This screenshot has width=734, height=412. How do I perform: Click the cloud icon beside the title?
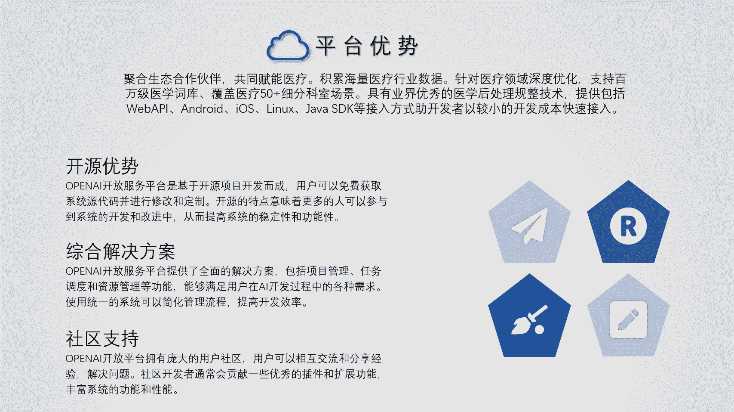click(x=288, y=46)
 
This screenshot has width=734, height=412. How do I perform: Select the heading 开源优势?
click(x=102, y=166)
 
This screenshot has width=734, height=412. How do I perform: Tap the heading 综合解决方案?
click(x=120, y=251)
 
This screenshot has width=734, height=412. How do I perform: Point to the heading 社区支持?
click(x=102, y=338)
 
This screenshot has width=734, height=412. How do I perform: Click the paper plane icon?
click(x=530, y=226)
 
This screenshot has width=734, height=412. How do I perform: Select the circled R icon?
click(x=628, y=226)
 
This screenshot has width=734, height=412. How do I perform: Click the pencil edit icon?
click(x=628, y=319)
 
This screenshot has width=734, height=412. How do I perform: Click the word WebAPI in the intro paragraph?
click(x=147, y=108)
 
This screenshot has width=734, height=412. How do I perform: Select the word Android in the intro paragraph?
click(x=202, y=108)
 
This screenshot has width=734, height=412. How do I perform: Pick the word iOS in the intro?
click(x=245, y=108)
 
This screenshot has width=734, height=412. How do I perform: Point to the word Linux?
click(x=280, y=108)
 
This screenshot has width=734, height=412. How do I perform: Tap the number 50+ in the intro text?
click(x=270, y=94)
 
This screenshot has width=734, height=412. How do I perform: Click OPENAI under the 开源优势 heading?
click(x=84, y=186)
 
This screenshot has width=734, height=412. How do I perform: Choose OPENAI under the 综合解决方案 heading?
click(x=84, y=271)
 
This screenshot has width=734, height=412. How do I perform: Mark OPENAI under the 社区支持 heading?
click(x=84, y=359)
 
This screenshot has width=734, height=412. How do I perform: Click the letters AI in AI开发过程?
click(x=264, y=287)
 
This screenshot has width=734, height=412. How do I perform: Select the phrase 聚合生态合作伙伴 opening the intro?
click(x=173, y=79)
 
